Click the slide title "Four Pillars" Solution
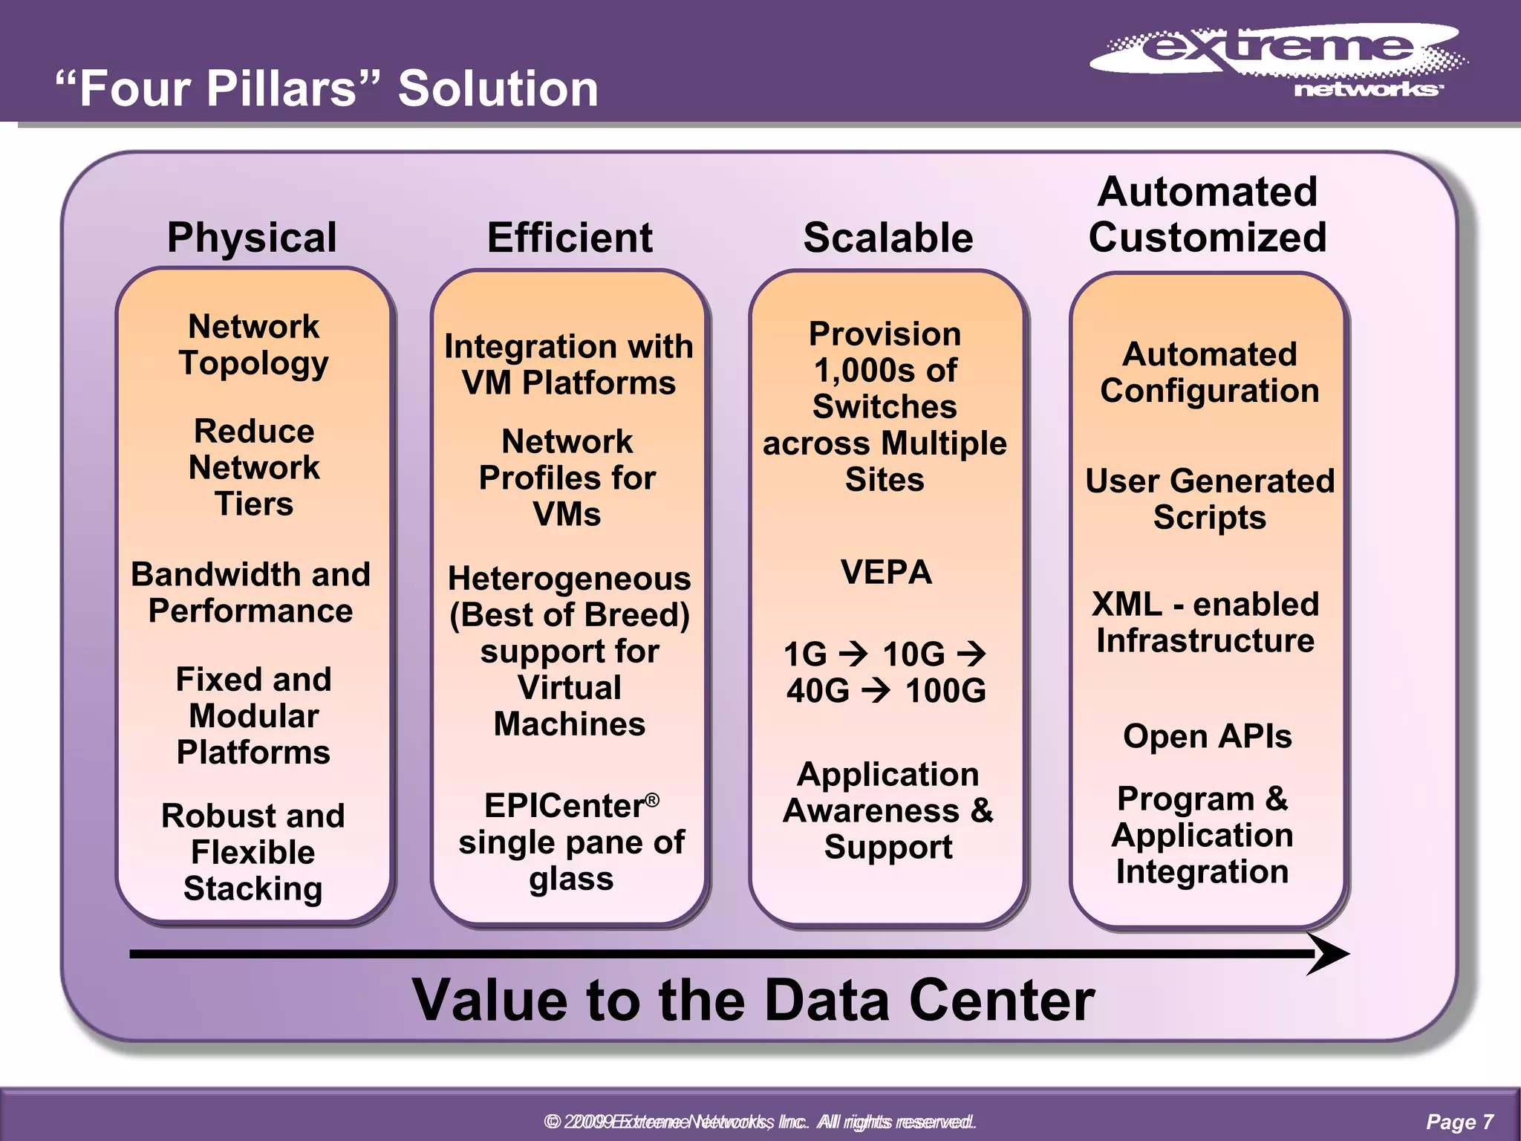327,88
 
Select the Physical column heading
253,238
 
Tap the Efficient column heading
570,238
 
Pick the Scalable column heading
887,238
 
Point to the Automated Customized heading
1208,215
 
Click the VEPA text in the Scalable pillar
886,573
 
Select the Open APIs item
1208,736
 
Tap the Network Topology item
254,345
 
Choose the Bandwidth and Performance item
251,593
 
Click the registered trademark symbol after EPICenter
652,799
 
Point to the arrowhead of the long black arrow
1329,954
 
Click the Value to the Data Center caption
753,1001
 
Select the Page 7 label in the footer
1459,1122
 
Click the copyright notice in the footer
759,1122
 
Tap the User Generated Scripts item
1209,499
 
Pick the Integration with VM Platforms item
569,365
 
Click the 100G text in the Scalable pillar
945,692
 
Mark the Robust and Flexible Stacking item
253,852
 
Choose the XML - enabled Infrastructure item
1205,622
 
